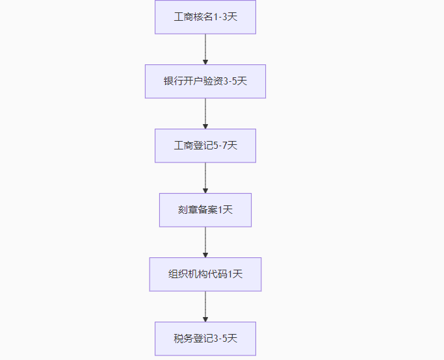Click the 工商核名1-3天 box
pyautogui.click(x=205, y=17)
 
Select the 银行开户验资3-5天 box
pyautogui.click(x=205, y=81)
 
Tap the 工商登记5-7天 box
pyautogui.click(x=205, y=146)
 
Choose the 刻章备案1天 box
pyautogui.click(x=205, y=210)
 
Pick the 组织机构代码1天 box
pyautogui.click(x=205, y=274)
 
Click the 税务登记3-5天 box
pyautogui.click(x=205, y=339)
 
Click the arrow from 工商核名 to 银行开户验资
pyautogui.click(x=205, y=49)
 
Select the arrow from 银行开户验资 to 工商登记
pyautogui.click(x=205, y=113)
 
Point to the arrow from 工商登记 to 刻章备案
pyautogui.click(x=205, y=177)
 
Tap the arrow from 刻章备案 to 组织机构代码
pyautogui.click(x=205, y=242)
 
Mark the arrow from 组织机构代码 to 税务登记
pyautogui.click(x=205, y=306)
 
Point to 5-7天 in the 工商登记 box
pyautogui.click(x=226, y=146)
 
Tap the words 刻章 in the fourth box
pyautogui.click(x=188, y=210)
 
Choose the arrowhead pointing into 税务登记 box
pyautogui.click(x=205, y=318)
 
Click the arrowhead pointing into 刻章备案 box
pyautogui.click(x=205, y=190)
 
